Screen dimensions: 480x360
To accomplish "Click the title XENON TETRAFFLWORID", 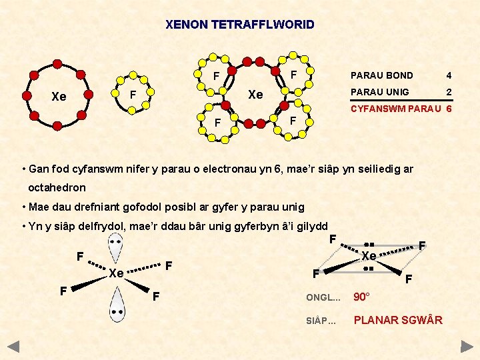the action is tap(240, 25).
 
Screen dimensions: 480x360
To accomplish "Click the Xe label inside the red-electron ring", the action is tap(59, 97).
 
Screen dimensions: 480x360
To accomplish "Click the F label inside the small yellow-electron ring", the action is tap(133, 94).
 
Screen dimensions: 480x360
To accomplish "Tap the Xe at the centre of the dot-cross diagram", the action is tap(255, 95).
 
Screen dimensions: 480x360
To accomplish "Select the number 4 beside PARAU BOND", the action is tap(449, 75).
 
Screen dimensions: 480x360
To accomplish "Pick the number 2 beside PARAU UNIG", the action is tap(449, 91).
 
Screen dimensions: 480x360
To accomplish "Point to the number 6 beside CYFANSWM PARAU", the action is tap(449, 108).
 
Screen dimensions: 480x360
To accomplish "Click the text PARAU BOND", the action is tap(382, 75).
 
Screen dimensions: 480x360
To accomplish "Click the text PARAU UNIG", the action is tap(380, 91).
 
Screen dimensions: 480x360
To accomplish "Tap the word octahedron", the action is tap(57, 187).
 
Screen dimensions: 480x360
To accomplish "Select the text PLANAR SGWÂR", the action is tap(398, 320).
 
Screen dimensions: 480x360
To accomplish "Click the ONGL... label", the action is tap(323, 297).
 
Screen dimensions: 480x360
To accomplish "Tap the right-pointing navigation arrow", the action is tap(467, 346).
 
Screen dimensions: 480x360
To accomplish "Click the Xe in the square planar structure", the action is tap(369, 256).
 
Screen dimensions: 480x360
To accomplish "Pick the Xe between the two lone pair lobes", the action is tap(117, 273).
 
